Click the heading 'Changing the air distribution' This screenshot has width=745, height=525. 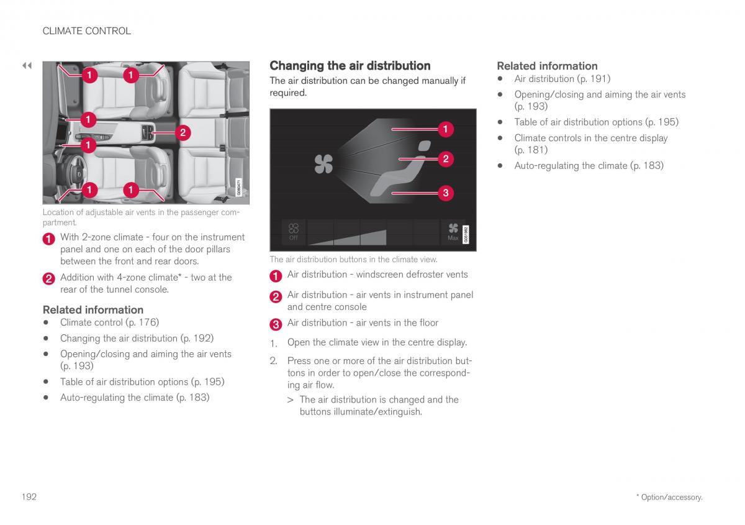pyautogui.click(x=350, y=66)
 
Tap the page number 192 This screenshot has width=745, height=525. pyautogui.click(x=29, y=496)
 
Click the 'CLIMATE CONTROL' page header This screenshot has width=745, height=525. pyautogui.click(x=86, y=31)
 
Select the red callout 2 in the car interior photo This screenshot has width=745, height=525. pyautogui.click(x=183, y=132)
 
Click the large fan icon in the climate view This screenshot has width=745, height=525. pyautogui.click(x=323, y=164)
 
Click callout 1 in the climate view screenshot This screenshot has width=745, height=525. pyautogui.click(x=445, y=129)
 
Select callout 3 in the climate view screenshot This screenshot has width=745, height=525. pyautogui.click(x=445, y=193)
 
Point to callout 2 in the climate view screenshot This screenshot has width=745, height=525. pyautogui.click(x=445, y=159)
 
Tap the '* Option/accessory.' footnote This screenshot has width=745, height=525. pyautogui.click(x=669, y=497)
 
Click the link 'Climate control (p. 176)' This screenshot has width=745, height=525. pyautogui.click(x=109, y=322)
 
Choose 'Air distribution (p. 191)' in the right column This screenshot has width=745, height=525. pyautogui.click(x=562, y=79)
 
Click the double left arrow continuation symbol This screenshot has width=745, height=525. pyautogui.click(x=27, y=65)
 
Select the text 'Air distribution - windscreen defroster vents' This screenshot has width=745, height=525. pyautogui.click(x=377, y=275)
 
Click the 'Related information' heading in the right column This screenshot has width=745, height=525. pyautogui.click(x=547, y=66)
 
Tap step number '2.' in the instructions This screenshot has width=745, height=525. pyautogui.click(x=273, y=361)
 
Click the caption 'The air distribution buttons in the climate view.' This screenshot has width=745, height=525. pyautogui.click(x=353, y=260)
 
